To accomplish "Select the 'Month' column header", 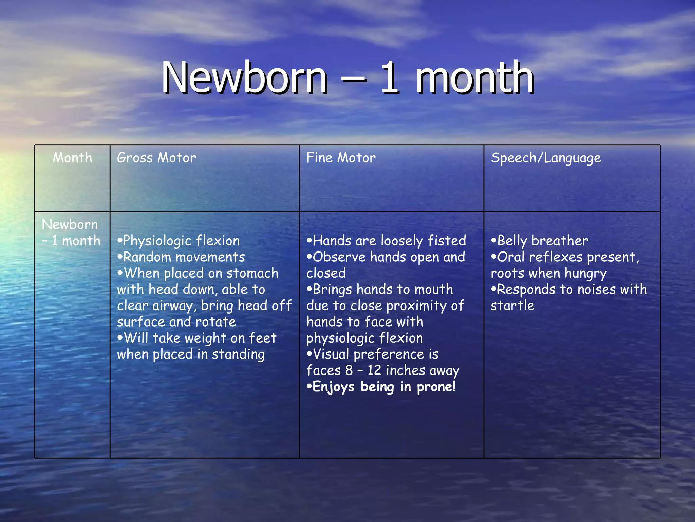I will pyautogui.click(x=72, y=158).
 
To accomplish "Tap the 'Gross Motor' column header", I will pyautogui.click(x=156, y=158).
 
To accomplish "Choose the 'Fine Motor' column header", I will pyautogui.click(x=341, y=158).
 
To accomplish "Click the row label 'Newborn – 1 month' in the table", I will pyautogui.click(x=71, y=232).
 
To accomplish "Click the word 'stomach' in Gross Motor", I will pyautogui.click(x=252, y=273).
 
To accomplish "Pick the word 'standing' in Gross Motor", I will pyautogui.click(x=238, y=354).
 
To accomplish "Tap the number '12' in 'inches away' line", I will pyautogui.click(x=374, y=370).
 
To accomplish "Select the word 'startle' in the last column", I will pyautogui.click(x=512, y=306).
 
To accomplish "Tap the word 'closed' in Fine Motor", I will pyautogui.click(x=326, y=273).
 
